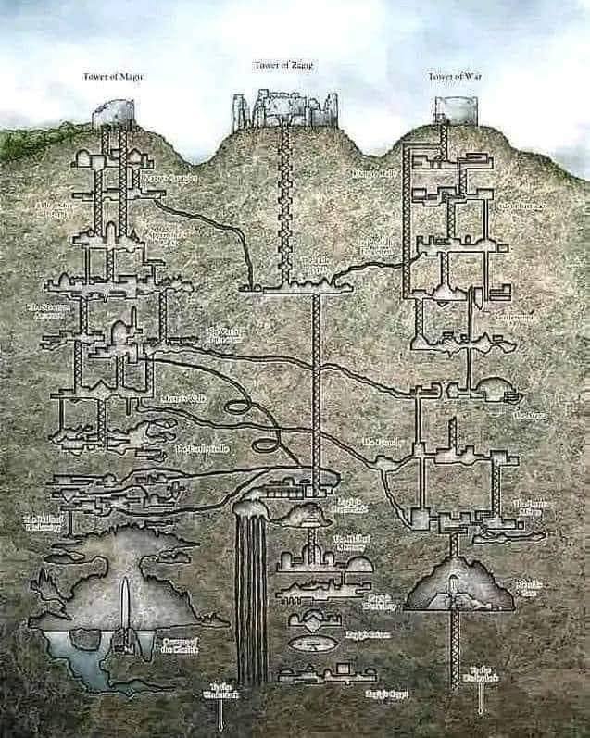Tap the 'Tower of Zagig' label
(283, 65)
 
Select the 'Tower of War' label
(453, 76)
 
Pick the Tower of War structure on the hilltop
(448, 110)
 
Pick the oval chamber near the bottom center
(311, 641)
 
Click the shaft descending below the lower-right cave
(454, 648)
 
